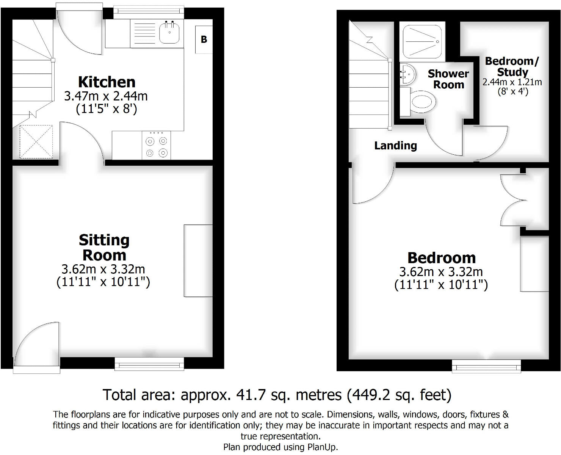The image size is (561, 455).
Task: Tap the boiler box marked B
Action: tap(204, 39)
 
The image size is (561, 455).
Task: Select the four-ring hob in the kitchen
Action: tap(157, 146)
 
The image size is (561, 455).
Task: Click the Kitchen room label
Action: tap(107, 82)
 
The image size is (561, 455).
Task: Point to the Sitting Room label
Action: tap(104, 248)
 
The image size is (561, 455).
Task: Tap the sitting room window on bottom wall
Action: tap(149, 365)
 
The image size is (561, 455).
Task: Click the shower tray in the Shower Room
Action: tap(422, 41)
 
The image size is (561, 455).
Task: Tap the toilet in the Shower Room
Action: tap(422, 102)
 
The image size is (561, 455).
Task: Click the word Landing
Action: tap(395, 146)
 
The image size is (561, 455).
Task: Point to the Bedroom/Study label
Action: tap(512, 66)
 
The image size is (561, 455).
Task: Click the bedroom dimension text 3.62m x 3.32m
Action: tap(441, 272)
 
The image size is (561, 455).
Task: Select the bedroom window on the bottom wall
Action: tap(486, 366)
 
